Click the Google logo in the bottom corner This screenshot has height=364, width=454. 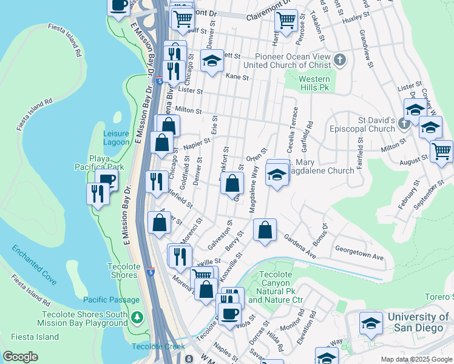pyautogui.click(x=21, y=357)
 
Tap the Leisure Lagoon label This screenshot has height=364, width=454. pyautogui.click(x=116, y=138)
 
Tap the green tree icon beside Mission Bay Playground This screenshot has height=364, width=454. pyautogui.click(x=138, y=317)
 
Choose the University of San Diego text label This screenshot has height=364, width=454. pyautogui.click(x=418, y=322)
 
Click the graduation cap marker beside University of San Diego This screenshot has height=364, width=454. pyautogui.click(x=371, y=323)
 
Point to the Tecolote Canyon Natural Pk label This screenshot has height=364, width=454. pyautogui.click(x=276, y=287)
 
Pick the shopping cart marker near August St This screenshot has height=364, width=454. pyautogui.click(x=441, y=151)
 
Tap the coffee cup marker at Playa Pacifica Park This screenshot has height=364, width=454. pyautogui.click(x=107, y=180)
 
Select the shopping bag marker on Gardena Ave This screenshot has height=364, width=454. pyautogui.click(x=265, y=231)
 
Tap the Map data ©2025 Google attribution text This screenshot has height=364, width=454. pyautogui.click(x=416, y=359)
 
